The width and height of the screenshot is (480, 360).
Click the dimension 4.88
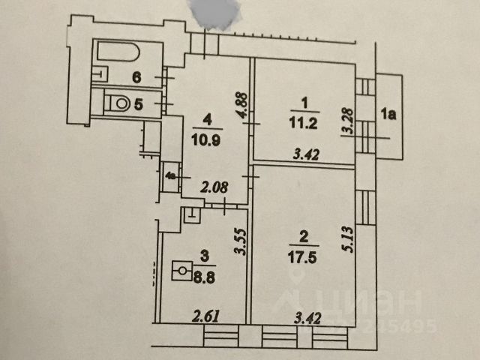tap(240, 105)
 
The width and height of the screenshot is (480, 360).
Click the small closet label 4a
tap(170, 175)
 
